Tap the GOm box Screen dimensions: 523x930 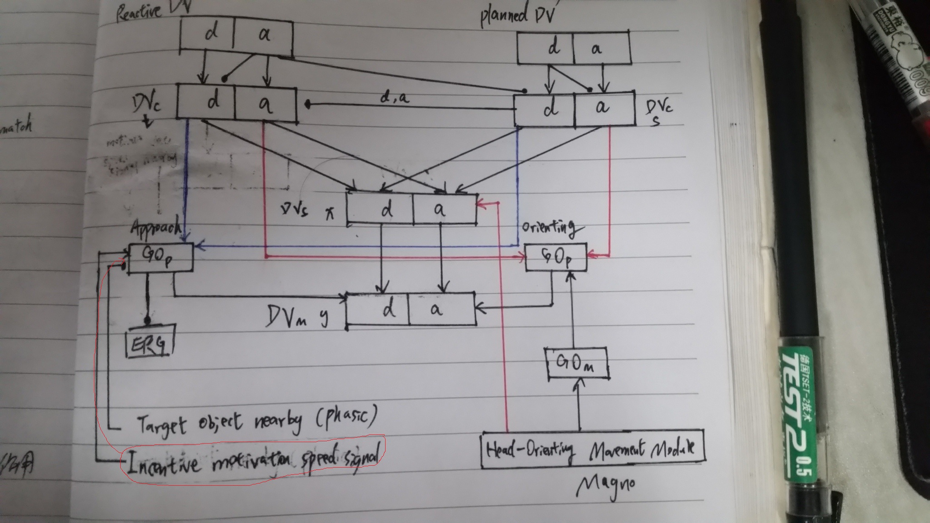click(x=576, y=363)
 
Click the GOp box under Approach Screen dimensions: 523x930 click(x=160, y=258)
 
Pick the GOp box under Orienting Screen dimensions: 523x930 click(x=555, y=257)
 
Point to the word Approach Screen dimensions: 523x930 click(x=156, y=227)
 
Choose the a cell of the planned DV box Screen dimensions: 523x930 click(x=600, y=48)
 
